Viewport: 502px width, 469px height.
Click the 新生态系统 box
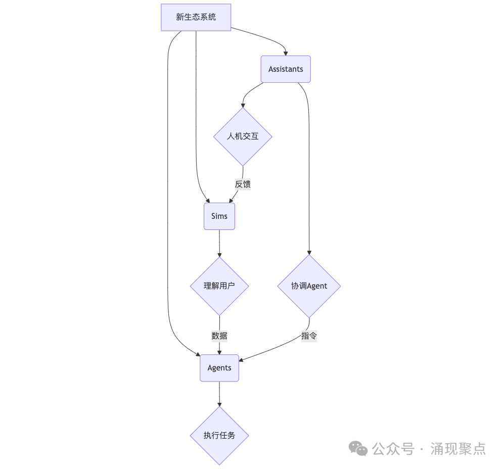point(196,17)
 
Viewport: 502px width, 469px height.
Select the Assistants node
point(286,69)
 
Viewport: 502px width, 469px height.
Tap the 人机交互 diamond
point(243,136)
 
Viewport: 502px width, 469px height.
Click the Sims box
point(219,216)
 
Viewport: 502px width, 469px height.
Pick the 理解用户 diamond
point(219,286)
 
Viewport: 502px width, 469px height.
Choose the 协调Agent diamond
point(309,286)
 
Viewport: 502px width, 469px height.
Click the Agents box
point(219,368)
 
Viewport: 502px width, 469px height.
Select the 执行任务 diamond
point(219,435)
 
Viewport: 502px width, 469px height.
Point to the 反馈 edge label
point(243,184)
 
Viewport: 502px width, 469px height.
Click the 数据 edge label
point(219,336)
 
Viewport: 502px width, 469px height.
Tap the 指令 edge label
point(309,336)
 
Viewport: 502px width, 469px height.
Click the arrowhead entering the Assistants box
point(286,53)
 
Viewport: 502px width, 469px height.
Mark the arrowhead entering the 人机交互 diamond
point(243,105)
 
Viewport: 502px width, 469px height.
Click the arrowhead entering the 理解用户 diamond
point(219,255)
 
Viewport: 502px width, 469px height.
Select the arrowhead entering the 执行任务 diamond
point(219,404)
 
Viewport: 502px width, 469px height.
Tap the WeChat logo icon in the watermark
point(359,448)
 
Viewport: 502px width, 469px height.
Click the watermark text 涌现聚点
point(458,448)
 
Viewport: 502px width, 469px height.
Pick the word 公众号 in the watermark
point(393,448)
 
